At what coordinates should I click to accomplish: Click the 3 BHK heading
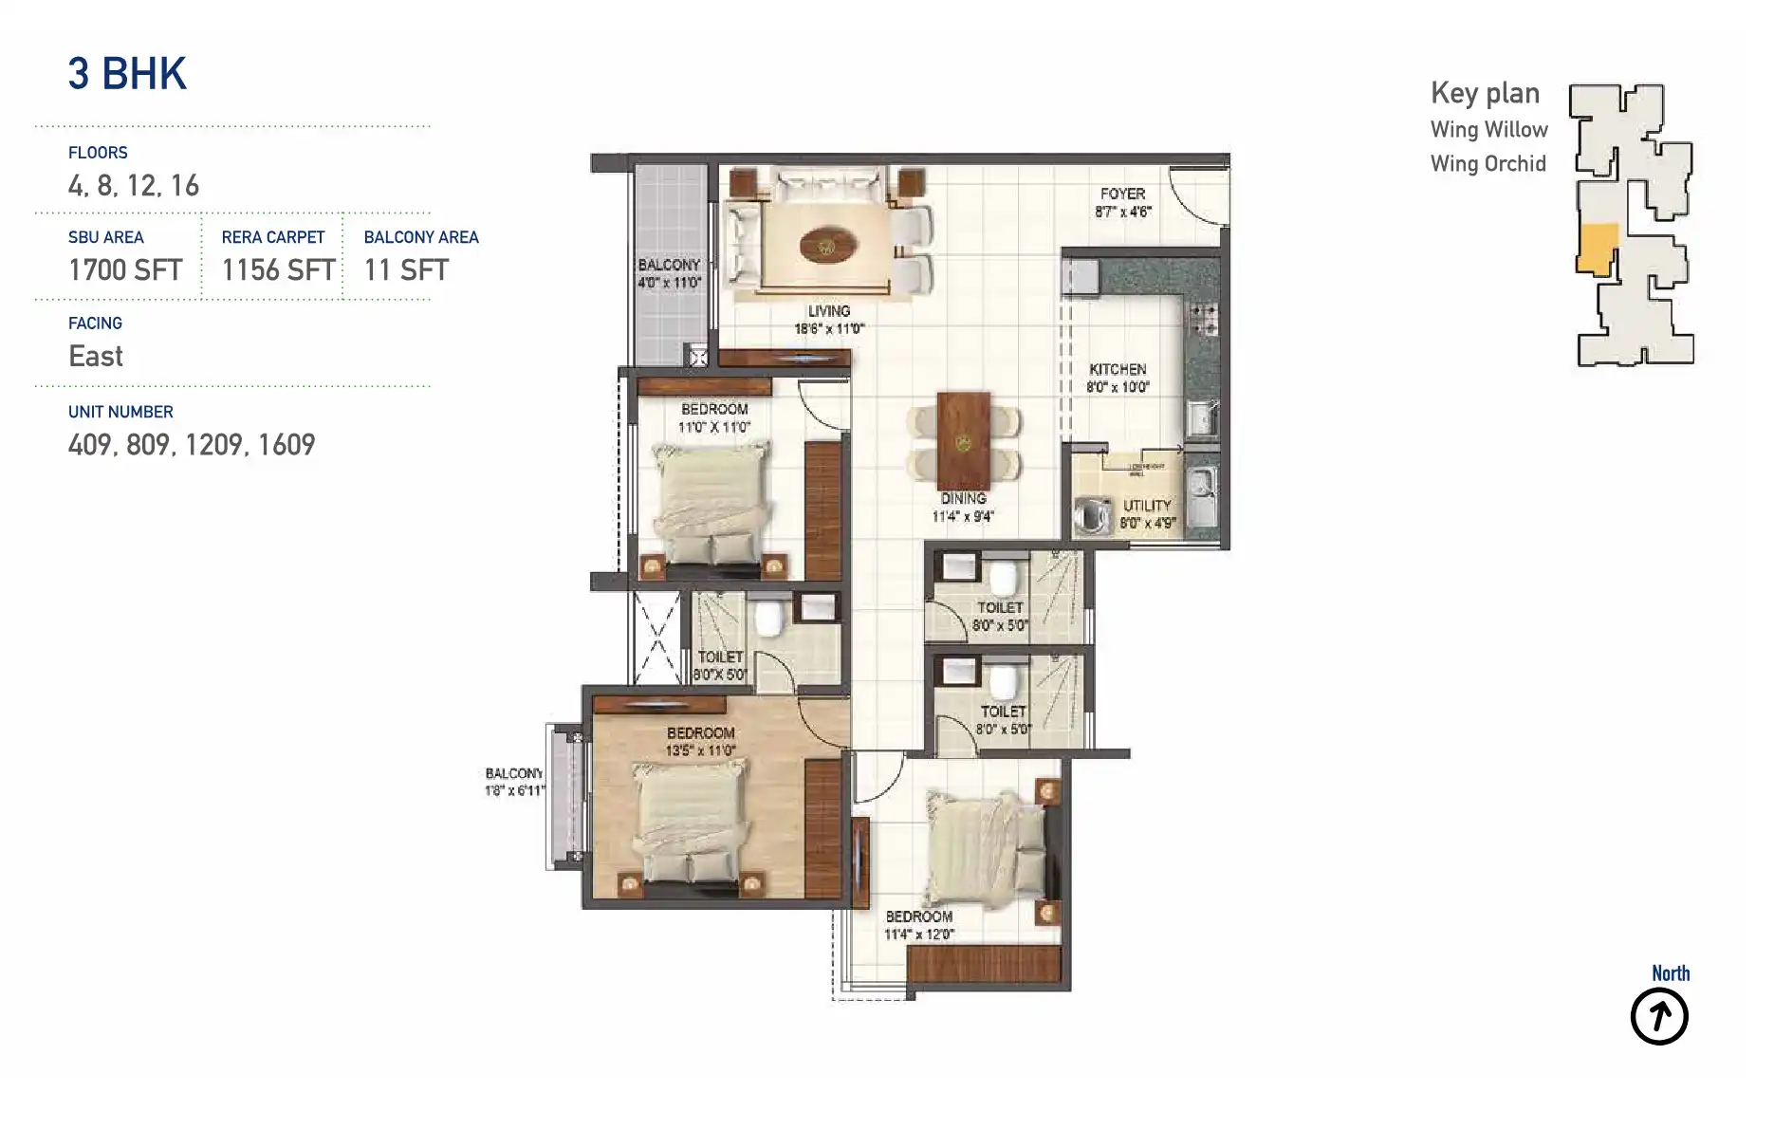pos(127,74)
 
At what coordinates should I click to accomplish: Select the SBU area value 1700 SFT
pos(125,270)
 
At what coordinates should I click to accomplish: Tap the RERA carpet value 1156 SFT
pos(278,270)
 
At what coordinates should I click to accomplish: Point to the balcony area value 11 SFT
pos(406,270)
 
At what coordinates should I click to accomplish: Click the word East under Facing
pos(96,357)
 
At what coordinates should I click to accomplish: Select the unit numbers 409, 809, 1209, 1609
pos(191,445)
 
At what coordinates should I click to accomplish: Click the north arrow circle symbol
pos(1658,1017)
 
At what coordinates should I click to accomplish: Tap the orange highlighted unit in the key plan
pos(1597,249)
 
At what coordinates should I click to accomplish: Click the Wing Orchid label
pos(1488,164)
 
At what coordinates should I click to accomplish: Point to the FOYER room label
pos(1122,194)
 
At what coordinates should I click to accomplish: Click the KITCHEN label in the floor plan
pos(1118,369)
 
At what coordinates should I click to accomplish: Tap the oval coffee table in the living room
pos(827,246)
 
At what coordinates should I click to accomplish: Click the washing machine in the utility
pos(1092,516)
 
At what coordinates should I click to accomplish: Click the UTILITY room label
pos(1147,506)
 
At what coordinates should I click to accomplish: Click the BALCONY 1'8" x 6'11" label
pos(514,782)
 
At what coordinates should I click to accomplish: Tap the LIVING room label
pos(828,311)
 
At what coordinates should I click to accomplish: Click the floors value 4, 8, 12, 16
pos(134,186)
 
